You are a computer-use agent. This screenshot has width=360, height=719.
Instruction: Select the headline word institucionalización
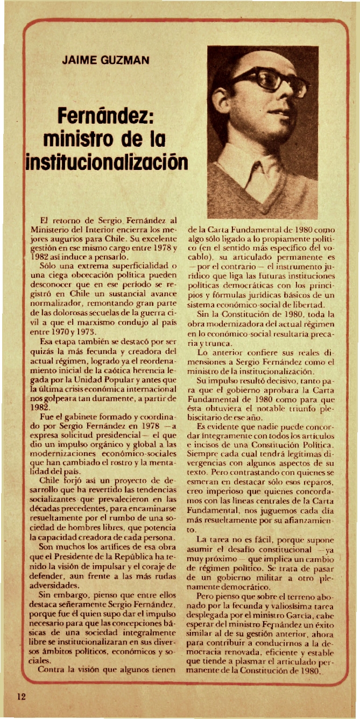[107, 161]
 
